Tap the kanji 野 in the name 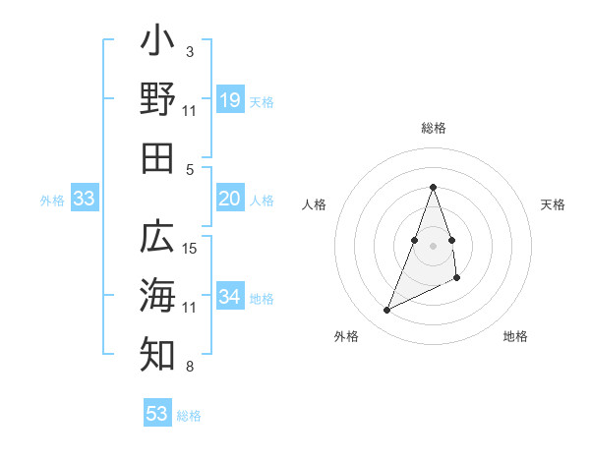[157, 99]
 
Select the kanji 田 [157, 158]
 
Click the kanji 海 [157, 296]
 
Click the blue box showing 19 [229, 100]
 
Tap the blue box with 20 [229, 199]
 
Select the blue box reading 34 [229, 297]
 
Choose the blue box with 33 [84, 199]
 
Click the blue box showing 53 [157, 414]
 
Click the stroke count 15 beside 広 [191, 248]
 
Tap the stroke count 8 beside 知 [190, 367]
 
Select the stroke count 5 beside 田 [190, 169]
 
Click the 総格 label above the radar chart [433, 128]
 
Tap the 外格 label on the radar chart [346, 336]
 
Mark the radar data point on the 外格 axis [387, 311]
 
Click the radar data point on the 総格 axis [433, 187]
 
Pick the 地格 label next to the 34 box [262, 298]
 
